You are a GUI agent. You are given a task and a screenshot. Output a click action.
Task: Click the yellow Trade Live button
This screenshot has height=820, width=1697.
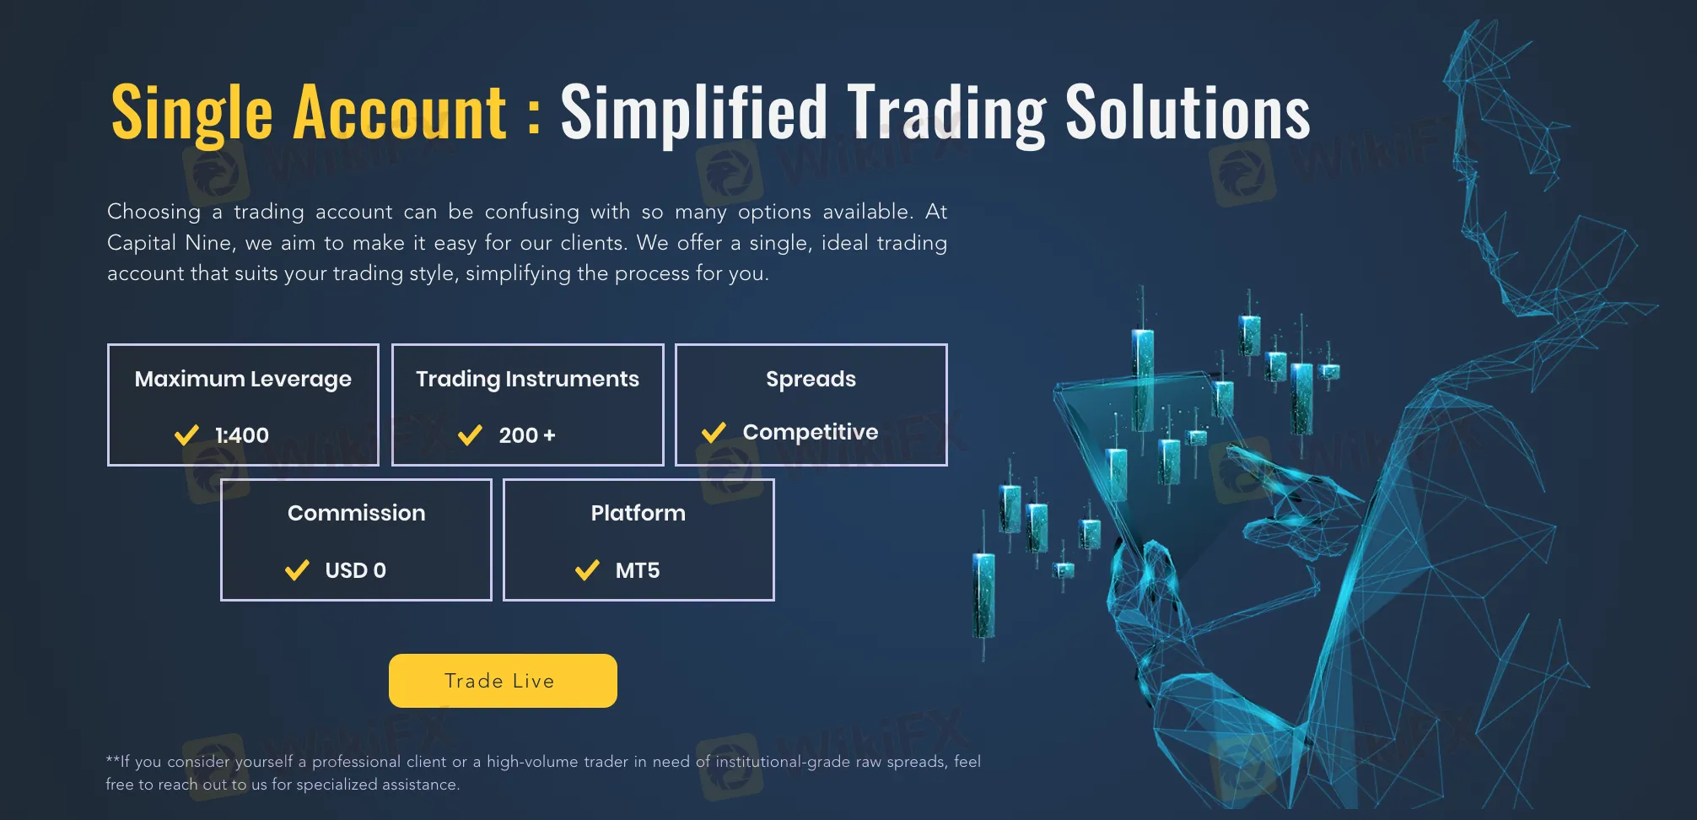[x=503, y=681]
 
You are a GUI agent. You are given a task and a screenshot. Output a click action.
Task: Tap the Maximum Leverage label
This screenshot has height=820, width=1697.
[x=243, y=380]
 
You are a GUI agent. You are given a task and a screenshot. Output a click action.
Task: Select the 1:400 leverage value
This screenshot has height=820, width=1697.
[x=242, y=435]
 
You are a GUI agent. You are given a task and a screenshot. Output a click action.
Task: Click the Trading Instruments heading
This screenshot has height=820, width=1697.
[x=527, y=380]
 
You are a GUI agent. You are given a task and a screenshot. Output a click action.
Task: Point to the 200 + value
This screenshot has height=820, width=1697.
[x=527, y=435]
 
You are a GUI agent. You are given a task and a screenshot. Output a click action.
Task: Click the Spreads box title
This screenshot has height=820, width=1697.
[x=811, y=380]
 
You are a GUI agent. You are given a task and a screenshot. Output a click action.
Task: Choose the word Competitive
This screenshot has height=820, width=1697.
[x=811, y=432]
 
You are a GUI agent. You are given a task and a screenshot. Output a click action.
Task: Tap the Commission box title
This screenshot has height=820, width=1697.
[x=356, y=513]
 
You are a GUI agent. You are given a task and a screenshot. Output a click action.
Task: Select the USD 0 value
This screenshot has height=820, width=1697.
[x=355, y=570]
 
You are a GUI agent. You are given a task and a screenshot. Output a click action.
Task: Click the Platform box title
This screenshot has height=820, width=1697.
[x=638, y=513]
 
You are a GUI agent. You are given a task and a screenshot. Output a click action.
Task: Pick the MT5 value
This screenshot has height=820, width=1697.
[x=638, y=570]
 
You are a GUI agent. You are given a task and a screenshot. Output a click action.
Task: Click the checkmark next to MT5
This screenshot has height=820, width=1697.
[x=587, y=571]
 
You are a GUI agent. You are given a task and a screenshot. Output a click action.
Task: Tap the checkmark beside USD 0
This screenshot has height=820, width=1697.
[x=297, y=571]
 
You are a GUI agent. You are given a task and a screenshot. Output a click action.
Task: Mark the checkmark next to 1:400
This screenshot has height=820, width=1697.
[x=186, y=435]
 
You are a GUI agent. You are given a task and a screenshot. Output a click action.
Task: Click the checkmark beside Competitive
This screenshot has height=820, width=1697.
[x=714, y=433]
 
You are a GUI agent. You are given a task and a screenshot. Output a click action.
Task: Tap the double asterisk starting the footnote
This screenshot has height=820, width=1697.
[x=112, y=759]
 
